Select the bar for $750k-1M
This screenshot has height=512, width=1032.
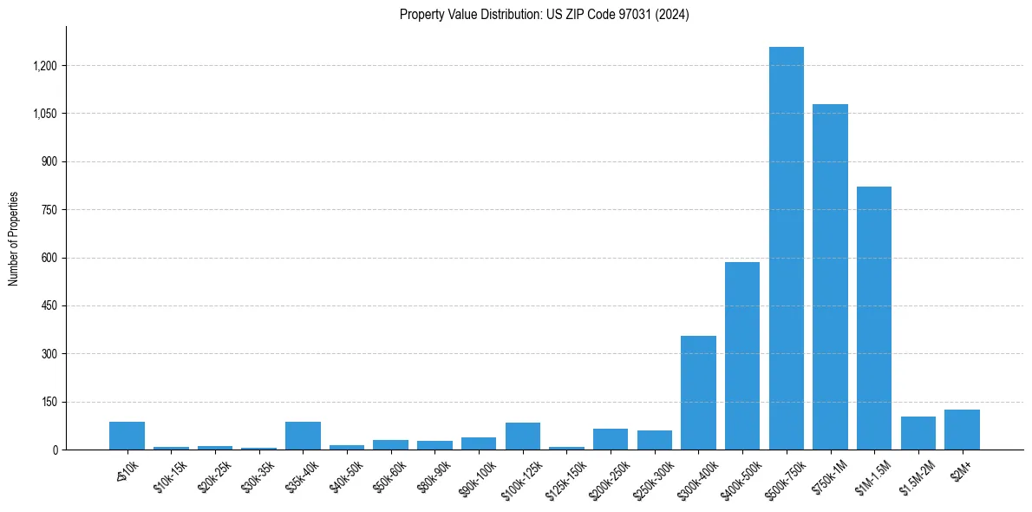pos(830,277)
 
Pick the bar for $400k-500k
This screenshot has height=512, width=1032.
pos(741,356)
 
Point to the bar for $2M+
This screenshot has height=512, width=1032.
pos(962,430)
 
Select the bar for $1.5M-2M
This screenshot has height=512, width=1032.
pos(918,433)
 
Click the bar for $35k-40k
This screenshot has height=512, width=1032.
pos(303,436)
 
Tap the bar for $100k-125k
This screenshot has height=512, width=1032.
pos(522,437)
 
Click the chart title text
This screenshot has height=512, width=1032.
pos(544,15)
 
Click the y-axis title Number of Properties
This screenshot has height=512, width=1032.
pos(14,239)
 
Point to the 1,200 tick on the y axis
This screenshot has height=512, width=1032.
pos(45,66)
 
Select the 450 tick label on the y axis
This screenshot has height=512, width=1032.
pos(49,306)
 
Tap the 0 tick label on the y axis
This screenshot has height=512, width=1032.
pos(55,450)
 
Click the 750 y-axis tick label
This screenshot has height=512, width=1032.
pos(49,210)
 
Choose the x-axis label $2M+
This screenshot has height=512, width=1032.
pos(961,469)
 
